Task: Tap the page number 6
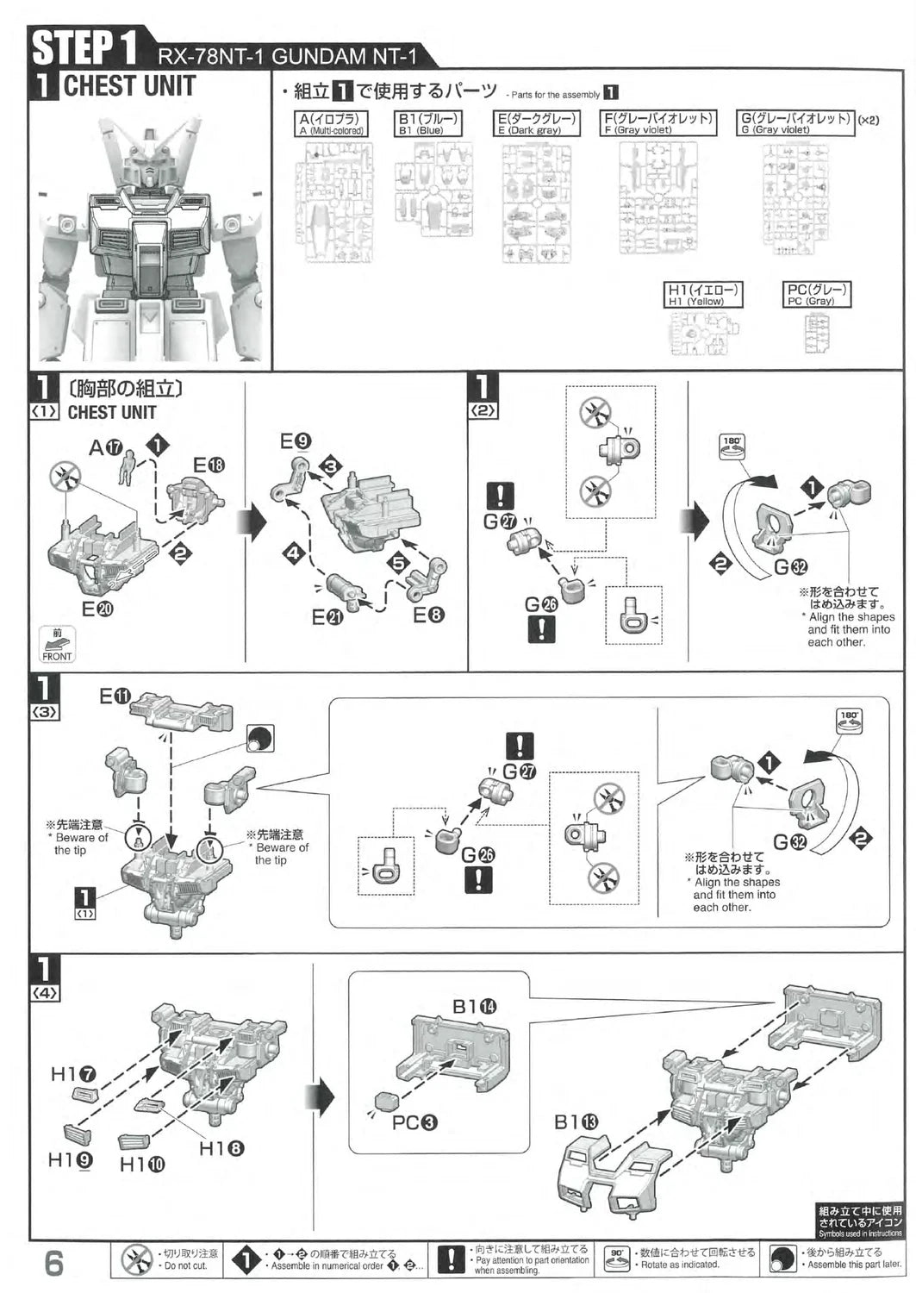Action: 53,1263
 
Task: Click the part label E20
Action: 97,609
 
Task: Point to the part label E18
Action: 209,465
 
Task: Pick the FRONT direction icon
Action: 58,645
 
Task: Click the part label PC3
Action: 414,1122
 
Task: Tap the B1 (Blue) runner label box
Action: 429,123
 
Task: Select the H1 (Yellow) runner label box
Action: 704,295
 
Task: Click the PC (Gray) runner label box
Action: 817,295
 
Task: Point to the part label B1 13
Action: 576,1121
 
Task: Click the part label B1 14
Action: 475,1006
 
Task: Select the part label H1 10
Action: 141,1165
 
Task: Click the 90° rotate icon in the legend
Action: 616,1259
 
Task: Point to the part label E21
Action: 327,616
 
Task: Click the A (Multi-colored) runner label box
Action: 332,123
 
